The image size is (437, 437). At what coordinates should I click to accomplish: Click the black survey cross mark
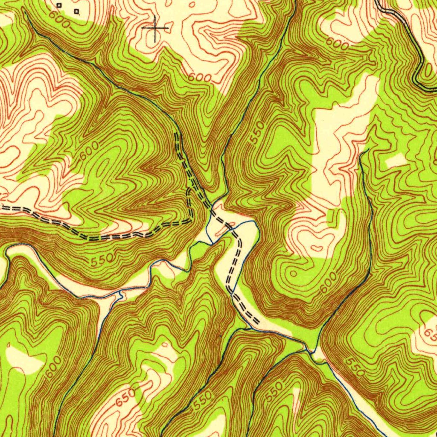click(x=155, y=28)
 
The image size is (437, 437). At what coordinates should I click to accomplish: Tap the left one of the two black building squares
click(x=59, y=5)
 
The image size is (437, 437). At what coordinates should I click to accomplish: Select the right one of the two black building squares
click(x=76, y=12)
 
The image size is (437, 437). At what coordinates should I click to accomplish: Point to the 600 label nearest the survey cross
click(x=199, y=78)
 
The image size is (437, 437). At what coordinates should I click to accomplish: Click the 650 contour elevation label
click(x=125, y=397)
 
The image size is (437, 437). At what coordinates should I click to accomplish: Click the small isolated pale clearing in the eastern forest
click(x=396, y=161)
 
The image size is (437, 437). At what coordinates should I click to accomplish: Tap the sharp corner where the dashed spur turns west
click(x=190, y=221)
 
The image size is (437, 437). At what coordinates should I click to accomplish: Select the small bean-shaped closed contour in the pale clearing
click(x=317, y=248)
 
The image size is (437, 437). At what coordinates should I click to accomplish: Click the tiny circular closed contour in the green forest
click(x=293, y=273)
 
